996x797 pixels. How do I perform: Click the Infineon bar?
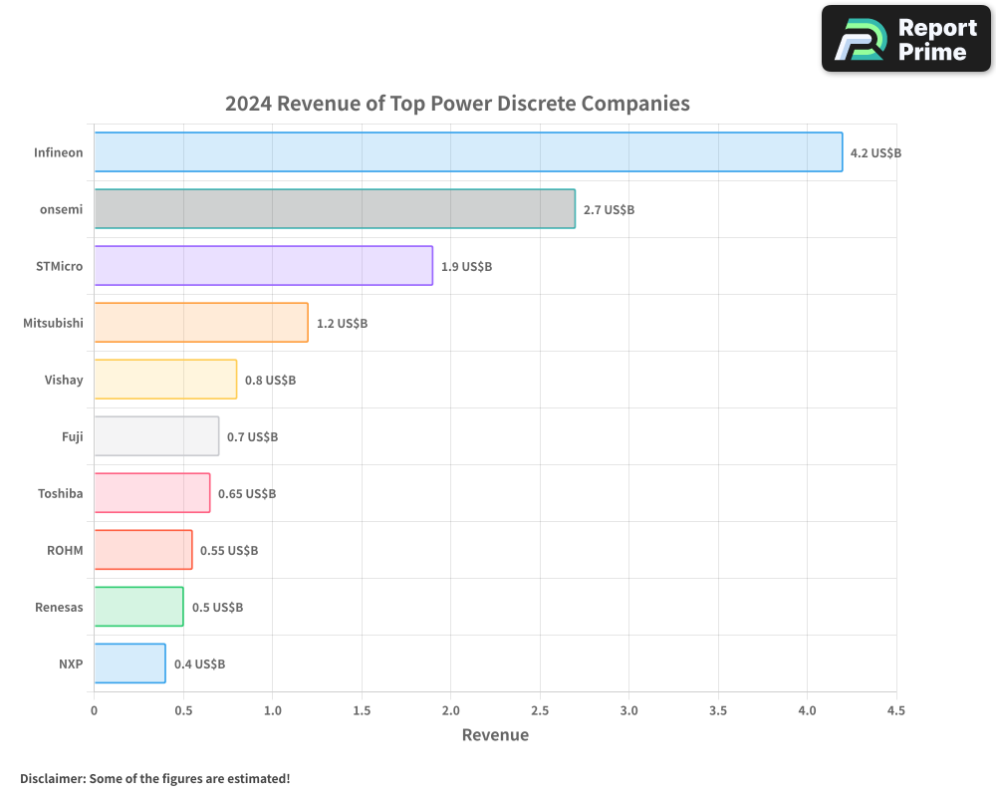coord(468,152)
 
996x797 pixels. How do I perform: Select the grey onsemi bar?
coord(335,209)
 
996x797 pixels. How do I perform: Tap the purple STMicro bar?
coord(263,266)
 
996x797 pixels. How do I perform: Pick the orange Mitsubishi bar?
coord(201,323)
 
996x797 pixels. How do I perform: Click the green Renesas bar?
coord(138,607)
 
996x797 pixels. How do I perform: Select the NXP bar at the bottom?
coord(129,664)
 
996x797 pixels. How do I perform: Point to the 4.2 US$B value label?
coord(875,153)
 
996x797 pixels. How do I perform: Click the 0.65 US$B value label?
coord(247,494)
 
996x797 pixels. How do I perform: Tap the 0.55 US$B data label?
coord(229,551)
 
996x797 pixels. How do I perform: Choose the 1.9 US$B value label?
coord(466,267)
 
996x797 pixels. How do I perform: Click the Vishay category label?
coord(64,380)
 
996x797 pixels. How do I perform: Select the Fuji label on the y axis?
coord(73,436)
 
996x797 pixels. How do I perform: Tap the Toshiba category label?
coord(60,493)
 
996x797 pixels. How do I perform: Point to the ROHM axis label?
coord(65,550)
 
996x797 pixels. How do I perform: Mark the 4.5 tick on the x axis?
coord(895,710)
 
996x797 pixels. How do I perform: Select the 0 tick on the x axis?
coord(94,710)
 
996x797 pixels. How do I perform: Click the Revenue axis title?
coord(495,735)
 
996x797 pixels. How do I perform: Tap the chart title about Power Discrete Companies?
coord(457,104)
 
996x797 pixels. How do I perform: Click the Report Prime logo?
coord(906,39)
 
